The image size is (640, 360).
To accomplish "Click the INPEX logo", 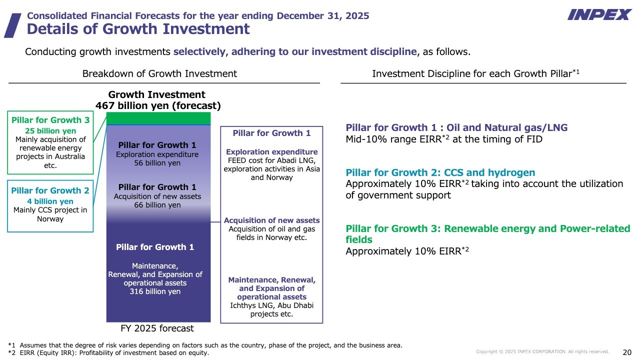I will tap(599, 14).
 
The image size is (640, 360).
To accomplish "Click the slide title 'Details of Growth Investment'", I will tap(138, 29).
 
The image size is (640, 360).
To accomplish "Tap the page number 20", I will tap(627, 351).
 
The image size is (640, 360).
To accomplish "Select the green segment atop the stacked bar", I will tap(158, 118).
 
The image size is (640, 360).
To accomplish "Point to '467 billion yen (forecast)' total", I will tap(158, 105).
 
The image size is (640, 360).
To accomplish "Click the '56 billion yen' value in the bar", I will tap(157, 163).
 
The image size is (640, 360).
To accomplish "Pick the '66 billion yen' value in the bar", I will tap(157, 205).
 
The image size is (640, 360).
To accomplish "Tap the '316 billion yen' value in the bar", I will tap(155, 291).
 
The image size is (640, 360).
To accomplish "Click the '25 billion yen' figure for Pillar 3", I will tap(50, 131).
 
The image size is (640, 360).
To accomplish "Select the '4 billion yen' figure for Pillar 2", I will tap(50, 201).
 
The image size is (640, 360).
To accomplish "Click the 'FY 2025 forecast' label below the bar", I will tap(157, 328).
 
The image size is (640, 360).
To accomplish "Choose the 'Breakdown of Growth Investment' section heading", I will tap(159, 73).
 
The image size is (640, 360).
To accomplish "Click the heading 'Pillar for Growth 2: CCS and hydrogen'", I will tap(440, 173).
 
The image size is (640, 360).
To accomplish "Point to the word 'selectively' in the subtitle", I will tap(199, 52).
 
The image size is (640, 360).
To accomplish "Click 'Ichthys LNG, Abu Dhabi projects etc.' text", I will tap(271, 309).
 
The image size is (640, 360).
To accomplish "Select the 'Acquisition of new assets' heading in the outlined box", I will tap(271, 220).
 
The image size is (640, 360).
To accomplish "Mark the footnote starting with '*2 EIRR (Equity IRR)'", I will tap(108, 353).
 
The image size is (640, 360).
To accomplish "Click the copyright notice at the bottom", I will tap(542, 352).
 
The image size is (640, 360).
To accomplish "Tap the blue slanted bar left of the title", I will tap(12, 25).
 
